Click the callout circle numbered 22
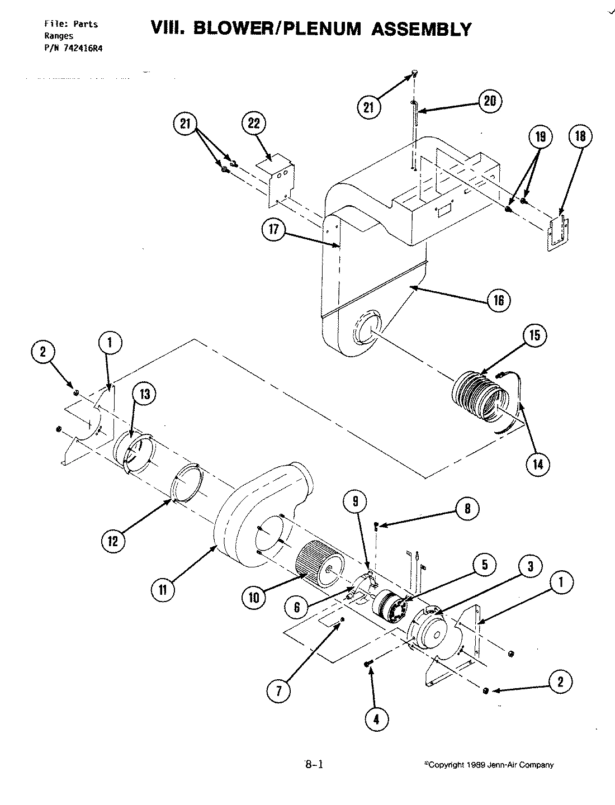254,124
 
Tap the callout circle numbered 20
490,101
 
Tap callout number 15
534,335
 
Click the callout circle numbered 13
144,395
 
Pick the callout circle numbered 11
163,589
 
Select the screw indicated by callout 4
368,663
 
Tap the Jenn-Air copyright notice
489,765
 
